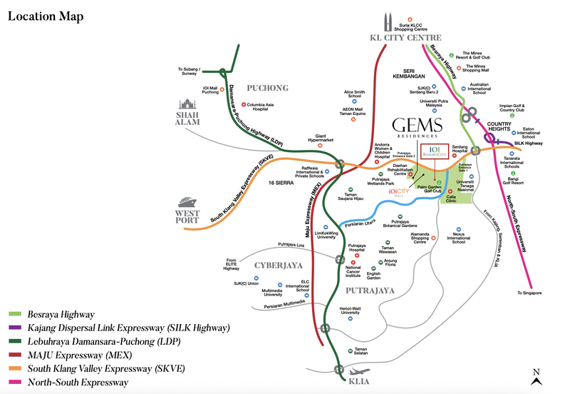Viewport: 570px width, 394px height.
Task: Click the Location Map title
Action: (x=46, y=16)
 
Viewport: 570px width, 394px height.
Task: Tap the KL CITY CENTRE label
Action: (x=406, y=38)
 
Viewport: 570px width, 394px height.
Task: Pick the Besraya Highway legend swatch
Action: (x=16, y=314)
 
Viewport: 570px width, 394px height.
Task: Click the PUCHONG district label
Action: (x=267, y=88)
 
